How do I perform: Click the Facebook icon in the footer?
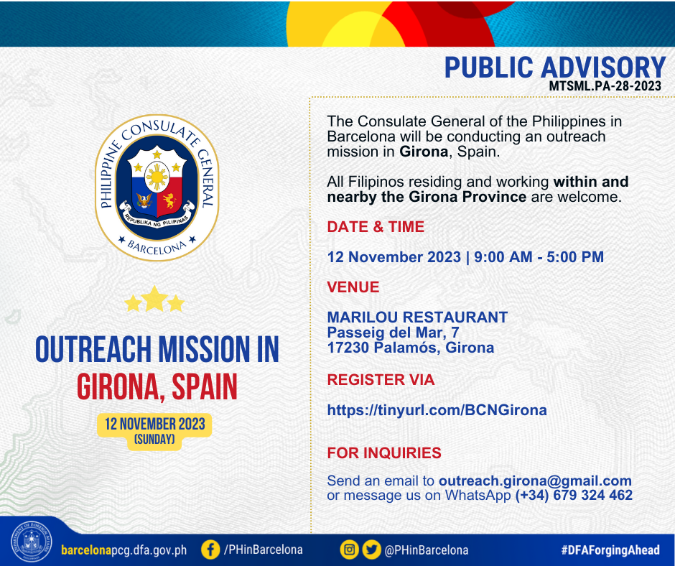tap(210, 549)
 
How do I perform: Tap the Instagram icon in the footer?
tap(350, 549)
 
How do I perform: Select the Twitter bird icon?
tap(371, 549)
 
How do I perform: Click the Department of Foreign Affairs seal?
tap(31, 542)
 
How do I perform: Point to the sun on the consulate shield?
tap(157, 177)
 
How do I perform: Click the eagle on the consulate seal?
tap(144, 200)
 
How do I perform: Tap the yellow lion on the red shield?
tap(169, 200)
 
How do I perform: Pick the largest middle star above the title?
tap(154, 298)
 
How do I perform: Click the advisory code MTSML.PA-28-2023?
tap(605, 85)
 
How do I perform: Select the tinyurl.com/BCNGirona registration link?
tap(437, 409)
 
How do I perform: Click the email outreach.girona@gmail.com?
tap(535, 481)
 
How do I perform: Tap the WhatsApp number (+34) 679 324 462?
tap(574, 496)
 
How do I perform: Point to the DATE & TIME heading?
tap(376, 226)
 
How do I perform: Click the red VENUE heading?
tap(353, 287)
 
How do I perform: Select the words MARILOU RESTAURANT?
tap(417, 317)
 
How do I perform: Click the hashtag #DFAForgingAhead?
tap(610, 550)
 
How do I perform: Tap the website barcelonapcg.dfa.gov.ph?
tap(124, 550)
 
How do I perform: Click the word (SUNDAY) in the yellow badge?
tap(154, 440)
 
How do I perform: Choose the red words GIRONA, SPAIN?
tap(157, 386)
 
